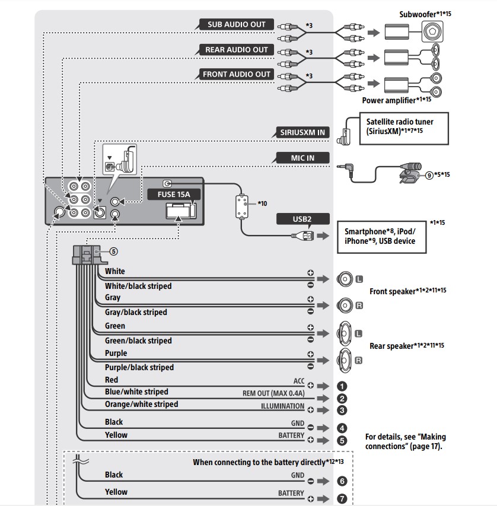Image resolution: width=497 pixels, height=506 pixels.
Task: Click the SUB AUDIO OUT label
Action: [237, 25]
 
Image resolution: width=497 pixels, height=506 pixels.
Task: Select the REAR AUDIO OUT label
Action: [237, 50]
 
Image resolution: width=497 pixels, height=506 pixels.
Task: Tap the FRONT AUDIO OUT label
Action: [237, 75]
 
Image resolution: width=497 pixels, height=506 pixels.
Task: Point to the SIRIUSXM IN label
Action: [303, 132]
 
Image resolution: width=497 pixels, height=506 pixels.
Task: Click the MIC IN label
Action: [302, 158]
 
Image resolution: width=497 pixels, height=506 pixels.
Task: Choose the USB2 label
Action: [302, 219]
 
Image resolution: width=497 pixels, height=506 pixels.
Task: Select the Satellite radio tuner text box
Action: [399, 126]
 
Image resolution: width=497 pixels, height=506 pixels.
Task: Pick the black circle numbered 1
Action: [342, 386]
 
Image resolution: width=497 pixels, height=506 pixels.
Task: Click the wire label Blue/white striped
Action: [136, 392]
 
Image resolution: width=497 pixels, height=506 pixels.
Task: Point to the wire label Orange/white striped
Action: [141, 405]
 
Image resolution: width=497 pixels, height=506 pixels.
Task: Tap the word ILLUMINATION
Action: [282, 407]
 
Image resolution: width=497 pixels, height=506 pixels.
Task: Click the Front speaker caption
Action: [407, 291]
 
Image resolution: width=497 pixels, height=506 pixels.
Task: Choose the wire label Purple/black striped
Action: [139, 368]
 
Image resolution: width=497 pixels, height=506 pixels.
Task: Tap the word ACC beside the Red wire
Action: [298, 381]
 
